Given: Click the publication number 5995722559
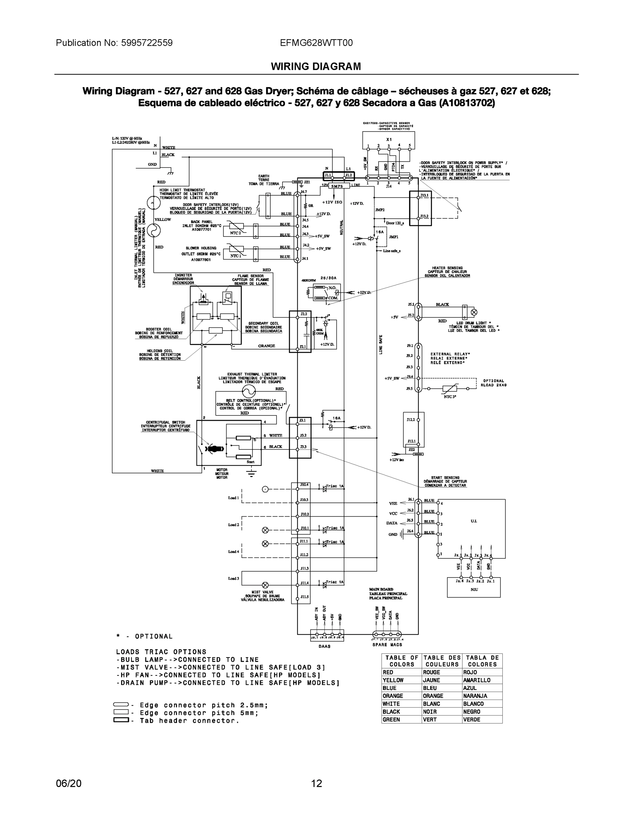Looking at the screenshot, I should coord(147,43).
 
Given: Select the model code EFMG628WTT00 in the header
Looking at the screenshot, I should coord(316,43).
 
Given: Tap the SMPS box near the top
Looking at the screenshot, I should coord(337,186).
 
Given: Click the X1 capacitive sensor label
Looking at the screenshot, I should coord(389,139).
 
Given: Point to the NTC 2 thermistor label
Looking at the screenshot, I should coord(235,233).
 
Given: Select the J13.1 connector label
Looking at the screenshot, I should coord(424,196).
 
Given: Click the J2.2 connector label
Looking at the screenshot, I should coord(304,314).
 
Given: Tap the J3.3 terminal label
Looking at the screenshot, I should coord(303,447).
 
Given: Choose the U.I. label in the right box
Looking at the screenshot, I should coord(474,521).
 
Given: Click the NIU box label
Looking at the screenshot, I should coord(474,589).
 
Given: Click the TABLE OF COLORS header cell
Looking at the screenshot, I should coord(402,661).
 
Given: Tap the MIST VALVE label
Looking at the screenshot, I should coord(262,592).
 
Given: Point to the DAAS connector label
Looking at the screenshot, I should coord(325,646).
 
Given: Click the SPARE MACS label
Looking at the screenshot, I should coord(387,645).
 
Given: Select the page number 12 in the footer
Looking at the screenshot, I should coord(316,784).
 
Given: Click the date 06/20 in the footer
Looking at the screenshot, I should coord(69,784).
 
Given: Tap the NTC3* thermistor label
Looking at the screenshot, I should coord(450,397).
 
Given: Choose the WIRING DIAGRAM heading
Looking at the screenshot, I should coord(316,67).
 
